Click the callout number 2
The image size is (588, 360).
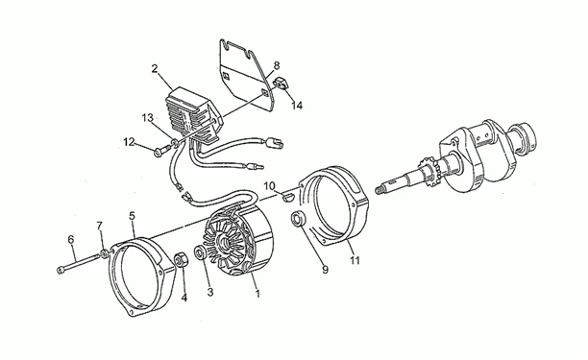click(x=155, y=68)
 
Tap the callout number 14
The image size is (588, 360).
click(x=297, y=106)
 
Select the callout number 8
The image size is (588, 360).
click(x=277, y=65)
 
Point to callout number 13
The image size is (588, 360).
click(x=147, y=118)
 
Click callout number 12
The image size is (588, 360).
click(x=129, y=142)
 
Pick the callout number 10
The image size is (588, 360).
click(x=269, y=185)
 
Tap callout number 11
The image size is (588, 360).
click(x=355, y=260)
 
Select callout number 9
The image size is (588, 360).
click(x=325, y=270)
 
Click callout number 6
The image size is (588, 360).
click(x=71, y=239)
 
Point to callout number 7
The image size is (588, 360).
click(x=99, y=226)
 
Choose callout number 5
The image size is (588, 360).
click(x=132, y=215)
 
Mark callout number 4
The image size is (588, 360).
click(x=184, y=298)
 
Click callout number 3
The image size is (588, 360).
click(x=210, y=292)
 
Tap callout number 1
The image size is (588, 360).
click(x=257, y=294)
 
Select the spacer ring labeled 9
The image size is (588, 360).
click(x=299, y=219)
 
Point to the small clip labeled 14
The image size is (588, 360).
click(x=283, y=83)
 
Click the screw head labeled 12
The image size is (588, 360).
click(x=158, y=151)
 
